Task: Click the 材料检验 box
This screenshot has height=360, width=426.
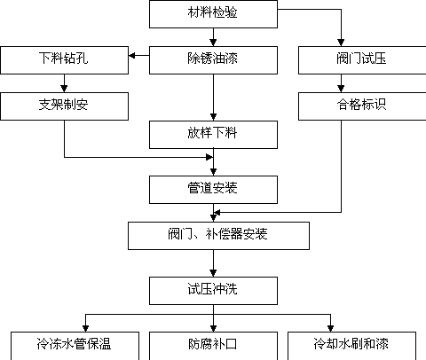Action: (x=213, y=14)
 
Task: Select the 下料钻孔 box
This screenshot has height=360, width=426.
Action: (x=64, y=60)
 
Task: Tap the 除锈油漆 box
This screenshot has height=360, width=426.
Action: (x=213, y=60)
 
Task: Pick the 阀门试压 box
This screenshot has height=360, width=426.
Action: (x=362, y=60)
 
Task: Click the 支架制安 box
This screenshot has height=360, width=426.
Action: (x=64, y=106)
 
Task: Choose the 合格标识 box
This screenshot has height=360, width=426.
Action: (x=362, y=106)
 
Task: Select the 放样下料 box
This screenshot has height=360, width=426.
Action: (x=213, y=135)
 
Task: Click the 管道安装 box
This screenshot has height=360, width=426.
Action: (x=213, y=190)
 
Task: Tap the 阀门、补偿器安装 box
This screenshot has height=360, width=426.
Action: (x=218, y=236)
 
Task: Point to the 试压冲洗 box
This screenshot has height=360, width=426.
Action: (x=213, y=291)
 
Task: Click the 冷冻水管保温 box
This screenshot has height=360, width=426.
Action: (x=75, y=346)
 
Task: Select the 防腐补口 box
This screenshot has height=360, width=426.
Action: (x=213, y=346)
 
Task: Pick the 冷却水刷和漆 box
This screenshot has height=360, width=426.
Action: (x=351, y=346)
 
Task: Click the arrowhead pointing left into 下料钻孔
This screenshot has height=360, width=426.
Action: (x=132, y=55)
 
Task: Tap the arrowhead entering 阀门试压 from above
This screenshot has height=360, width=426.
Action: (x=341, y=43)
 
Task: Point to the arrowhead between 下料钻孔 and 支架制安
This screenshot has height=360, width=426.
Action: (x=64, y=89)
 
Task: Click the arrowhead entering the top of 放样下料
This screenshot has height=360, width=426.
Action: (x=213, y=117)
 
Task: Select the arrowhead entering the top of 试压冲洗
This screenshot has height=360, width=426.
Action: (x=213, y=273)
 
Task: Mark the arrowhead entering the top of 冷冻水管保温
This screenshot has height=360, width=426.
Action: (x=85, y=328)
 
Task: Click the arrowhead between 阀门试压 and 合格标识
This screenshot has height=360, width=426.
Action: (x=341, y=89)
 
